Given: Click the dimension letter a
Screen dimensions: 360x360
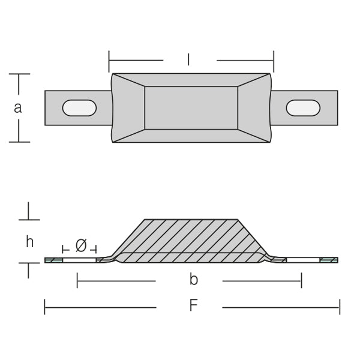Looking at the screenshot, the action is (x=18, y=108).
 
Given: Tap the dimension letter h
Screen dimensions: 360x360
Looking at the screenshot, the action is (x=29, y=242).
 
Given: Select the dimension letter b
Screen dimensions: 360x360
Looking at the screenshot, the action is (x=194, y=280).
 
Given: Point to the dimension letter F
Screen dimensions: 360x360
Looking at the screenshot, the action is (x=194, y=305).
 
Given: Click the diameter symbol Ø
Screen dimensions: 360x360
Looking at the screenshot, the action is (x=81, y=245).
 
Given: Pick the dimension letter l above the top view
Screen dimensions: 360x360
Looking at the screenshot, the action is (x=188, y=59).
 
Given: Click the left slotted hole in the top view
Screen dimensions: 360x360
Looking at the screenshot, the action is (x=79, y=108).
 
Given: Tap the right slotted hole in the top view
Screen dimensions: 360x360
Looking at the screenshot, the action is (x=303, y=108).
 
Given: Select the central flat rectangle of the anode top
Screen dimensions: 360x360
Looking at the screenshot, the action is (x=191, y=108).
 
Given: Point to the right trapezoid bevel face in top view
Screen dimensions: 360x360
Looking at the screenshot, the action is (x=254, y=108).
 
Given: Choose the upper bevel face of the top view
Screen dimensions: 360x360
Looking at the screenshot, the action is (x=191, y=80).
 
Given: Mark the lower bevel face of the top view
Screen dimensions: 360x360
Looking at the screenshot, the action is (x=191, y=136).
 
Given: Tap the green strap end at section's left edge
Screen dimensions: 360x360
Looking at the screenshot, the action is (x=54, y=260).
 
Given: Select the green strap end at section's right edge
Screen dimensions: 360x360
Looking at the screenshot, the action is (x=329, y=260).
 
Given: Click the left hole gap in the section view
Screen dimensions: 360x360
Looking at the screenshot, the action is (x=79, y=260).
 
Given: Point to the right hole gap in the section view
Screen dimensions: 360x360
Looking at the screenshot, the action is (x=303, y=260).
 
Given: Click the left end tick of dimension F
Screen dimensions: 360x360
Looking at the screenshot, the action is (x=44, y=307).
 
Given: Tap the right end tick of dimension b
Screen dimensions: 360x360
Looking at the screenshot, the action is (x=301, y=280).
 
